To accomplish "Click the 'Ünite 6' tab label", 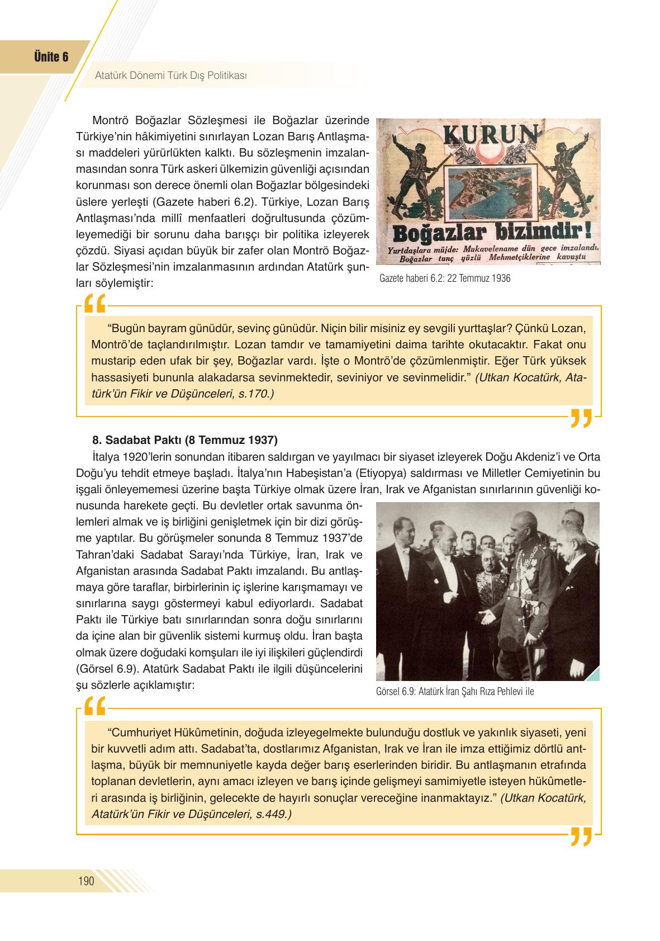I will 51,57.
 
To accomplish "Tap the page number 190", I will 86,882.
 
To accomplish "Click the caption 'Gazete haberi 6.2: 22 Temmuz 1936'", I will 444,278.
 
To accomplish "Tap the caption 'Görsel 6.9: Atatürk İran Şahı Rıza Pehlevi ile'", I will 455,691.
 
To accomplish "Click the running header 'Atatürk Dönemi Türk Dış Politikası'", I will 171,74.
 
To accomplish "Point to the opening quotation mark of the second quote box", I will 96,707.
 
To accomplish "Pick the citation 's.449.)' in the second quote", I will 273,814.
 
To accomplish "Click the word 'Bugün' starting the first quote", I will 126,328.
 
